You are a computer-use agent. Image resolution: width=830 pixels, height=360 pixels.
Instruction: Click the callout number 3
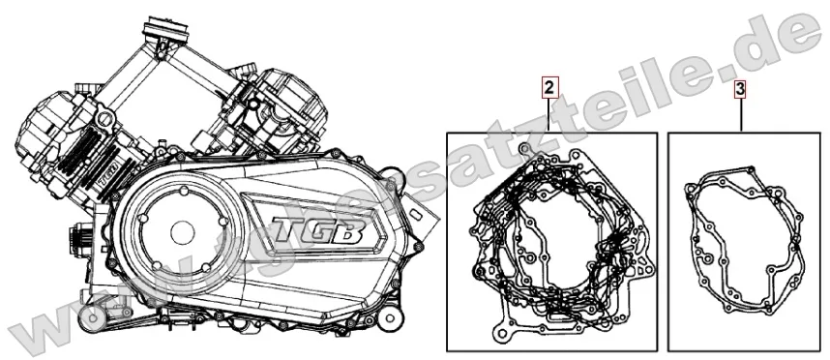point(740,89)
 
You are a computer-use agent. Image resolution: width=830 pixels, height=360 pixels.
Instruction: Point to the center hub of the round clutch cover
point(181,232)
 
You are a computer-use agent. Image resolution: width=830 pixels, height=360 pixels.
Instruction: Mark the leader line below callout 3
point(740,115)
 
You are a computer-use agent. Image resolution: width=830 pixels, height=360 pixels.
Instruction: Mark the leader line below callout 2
point(548,115)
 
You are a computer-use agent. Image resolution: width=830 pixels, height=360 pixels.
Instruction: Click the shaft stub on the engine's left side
point(73,236)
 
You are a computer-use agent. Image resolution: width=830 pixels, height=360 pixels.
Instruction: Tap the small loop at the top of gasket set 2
point(524,148)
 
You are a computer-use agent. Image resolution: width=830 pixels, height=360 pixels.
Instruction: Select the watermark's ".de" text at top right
point(774,34)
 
